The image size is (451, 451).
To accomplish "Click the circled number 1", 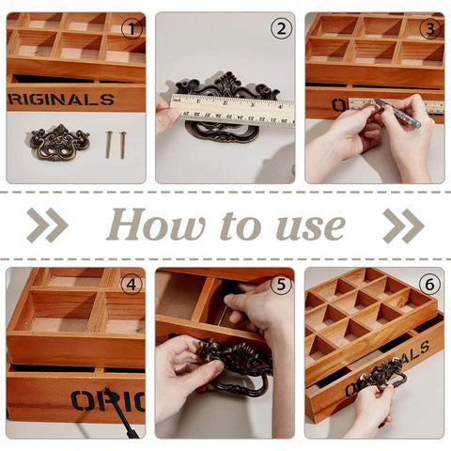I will [132, 28].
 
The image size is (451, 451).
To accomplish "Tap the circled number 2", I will [281, 28].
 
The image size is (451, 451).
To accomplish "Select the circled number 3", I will [429, 28].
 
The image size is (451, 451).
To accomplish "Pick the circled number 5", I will [281, 284].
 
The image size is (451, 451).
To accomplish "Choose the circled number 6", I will [430, 284].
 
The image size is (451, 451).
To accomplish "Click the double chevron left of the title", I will [46, 225].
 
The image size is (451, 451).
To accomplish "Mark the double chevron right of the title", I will [403, 225].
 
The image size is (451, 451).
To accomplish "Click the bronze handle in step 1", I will [59, 142].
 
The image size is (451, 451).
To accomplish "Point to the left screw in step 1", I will [108, 144].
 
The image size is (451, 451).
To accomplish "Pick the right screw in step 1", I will [122, 144].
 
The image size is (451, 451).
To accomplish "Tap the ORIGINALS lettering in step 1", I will [62, 99].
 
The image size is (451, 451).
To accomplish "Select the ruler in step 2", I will [231, 108].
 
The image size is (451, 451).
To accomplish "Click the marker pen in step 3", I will [395, 112].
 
